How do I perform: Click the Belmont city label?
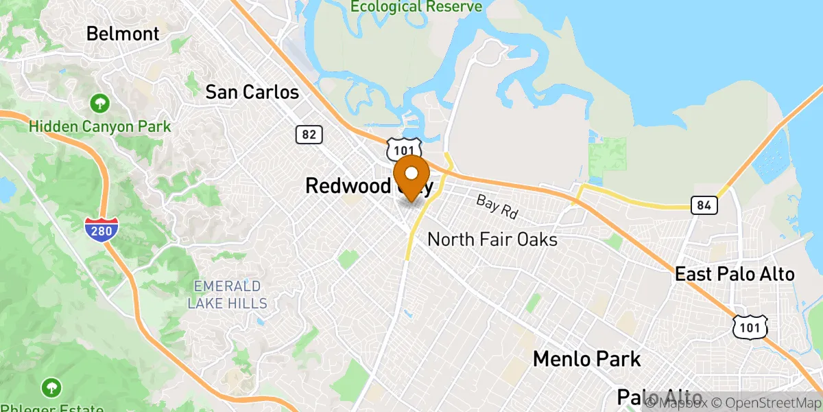click(123, 33)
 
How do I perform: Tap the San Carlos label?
click(252, 92)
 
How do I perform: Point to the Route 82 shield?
click(309, 135)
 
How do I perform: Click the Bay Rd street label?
click(497, 206)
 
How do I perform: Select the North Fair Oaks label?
click(492, 240)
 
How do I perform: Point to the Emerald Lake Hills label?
click(226, 294)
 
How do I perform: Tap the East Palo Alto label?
click(735, 274)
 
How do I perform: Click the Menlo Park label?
click(586, 358)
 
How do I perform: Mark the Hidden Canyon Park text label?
click(100, 126)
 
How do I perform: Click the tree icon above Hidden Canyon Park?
click(100, 104)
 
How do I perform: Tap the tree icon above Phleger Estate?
click(51, 387)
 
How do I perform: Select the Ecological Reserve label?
click(416, 7)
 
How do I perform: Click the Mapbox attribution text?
click(680, 402)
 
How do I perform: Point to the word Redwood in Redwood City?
click(348, 185)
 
